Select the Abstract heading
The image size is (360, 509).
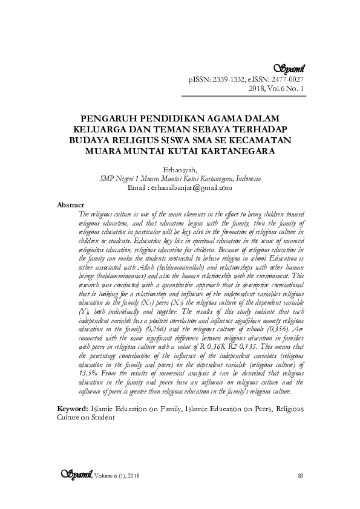point(70,206)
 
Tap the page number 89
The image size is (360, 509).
point(301,477)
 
